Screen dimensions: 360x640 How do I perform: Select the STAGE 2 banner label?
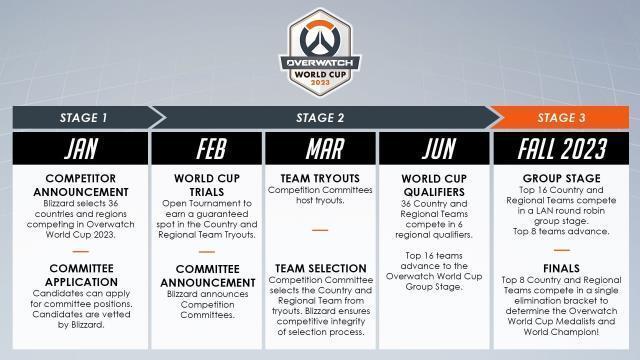[x=320, y=117]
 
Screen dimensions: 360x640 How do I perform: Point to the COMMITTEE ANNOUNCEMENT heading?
[x=205, y=275]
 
